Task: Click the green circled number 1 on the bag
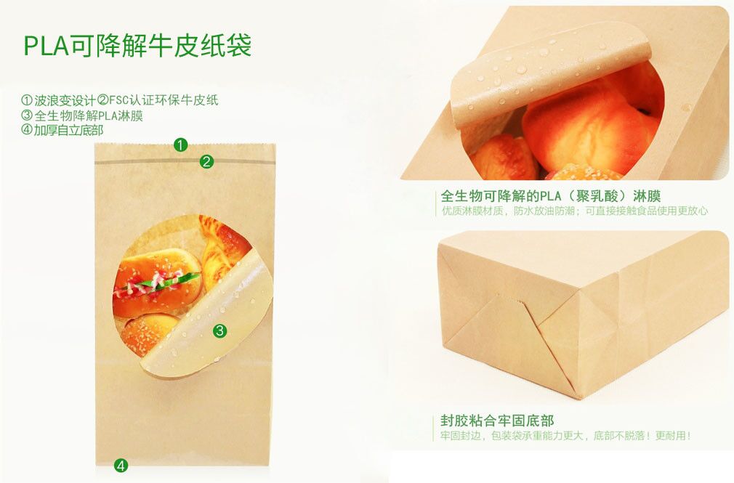click(181, 145)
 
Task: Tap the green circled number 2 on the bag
click(206, 162)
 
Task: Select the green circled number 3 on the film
click(219, 331)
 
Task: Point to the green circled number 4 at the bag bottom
click(121, 466)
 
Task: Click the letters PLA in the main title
click(46, 46)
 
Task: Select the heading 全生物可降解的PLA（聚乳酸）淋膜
click(551, 195)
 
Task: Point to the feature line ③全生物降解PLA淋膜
click(82, 115)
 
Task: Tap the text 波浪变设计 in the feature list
click(65, 100)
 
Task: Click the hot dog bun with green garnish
click(157, 282)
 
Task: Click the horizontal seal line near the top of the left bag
click(185, 162)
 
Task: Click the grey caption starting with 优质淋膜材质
click(574, 211)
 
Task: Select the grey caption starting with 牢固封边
click(565, 436)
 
